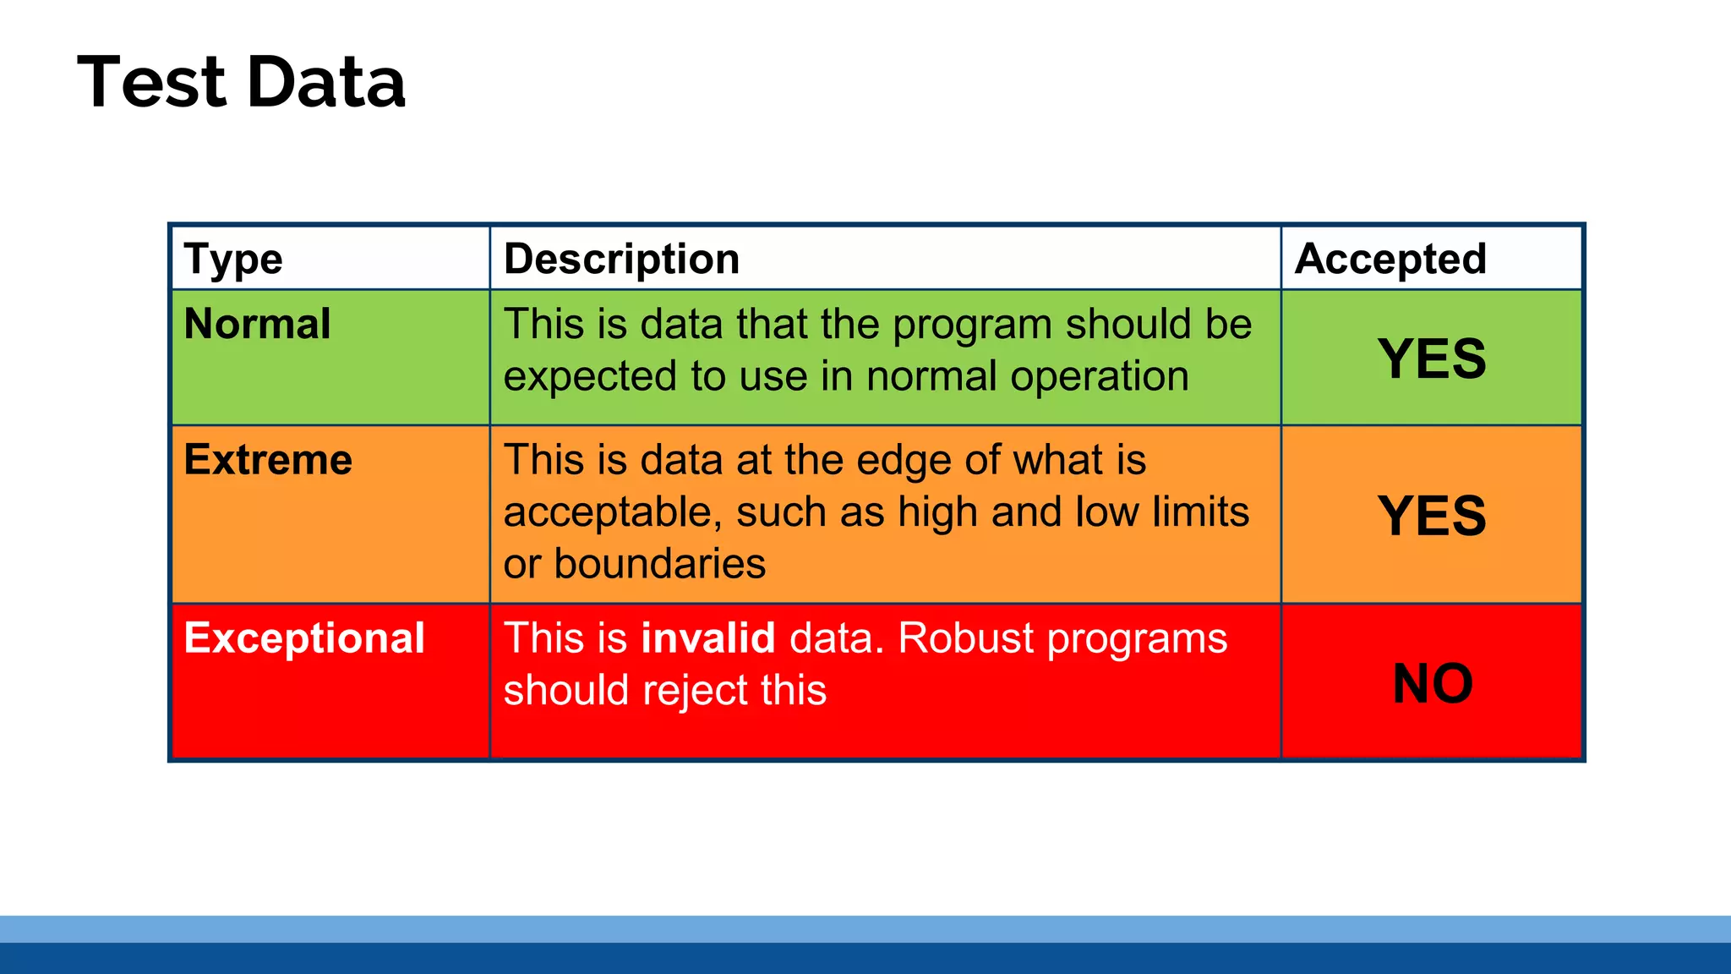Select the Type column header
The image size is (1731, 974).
tap(233, 259)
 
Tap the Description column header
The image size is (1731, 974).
tap(621, 259)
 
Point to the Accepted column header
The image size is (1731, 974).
tap(1390, 259)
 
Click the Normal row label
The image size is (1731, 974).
tap(257, 324)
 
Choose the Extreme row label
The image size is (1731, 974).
tap(268, 460)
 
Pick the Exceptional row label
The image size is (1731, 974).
tap(304, 638)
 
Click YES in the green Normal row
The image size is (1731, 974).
tap(1431, 358)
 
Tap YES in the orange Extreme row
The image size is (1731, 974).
tap(1431, 516)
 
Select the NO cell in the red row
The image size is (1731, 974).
tap(1432, 683)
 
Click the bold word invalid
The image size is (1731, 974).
tap(707, 638)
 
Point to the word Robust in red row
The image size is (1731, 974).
tap(965, 638)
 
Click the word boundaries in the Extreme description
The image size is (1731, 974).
tap(659, 564)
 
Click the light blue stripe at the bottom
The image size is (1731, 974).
tap(865, 928)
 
